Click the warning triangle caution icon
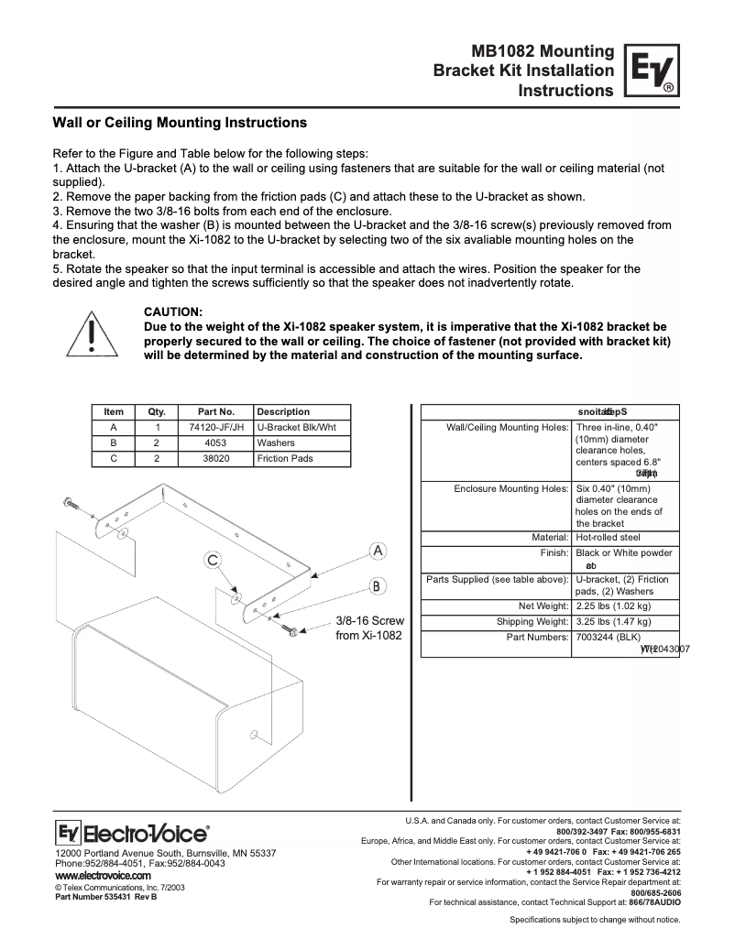coord(91,335)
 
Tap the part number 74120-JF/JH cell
coord(211,427)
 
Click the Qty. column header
coord(156,411)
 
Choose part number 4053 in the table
coord(211,442)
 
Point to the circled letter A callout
coord(377,551)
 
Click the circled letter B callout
coord(377,585)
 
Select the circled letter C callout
coord(212,560)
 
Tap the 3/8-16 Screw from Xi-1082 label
coord(369,628)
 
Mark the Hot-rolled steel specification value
coord(609,537)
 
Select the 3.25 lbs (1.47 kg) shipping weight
coord(613,621)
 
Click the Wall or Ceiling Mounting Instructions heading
coord(179,122)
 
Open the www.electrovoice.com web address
coord(103,876)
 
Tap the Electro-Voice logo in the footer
coord(132,833)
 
